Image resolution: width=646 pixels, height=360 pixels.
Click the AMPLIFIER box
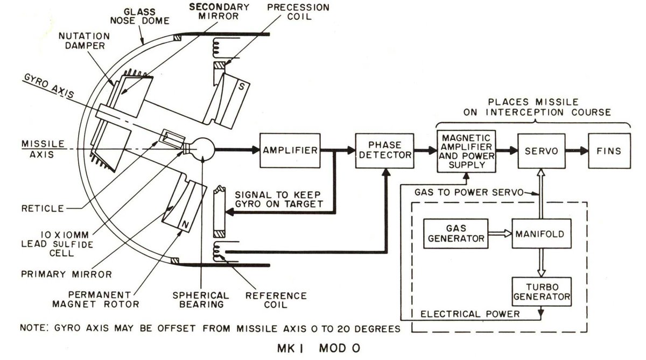(x=289, y=151)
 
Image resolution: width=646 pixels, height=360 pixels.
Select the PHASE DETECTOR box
(x=384, y=151)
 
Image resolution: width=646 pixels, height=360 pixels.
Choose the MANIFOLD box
(x=540, y=234)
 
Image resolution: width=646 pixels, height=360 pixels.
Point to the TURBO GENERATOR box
(x=540, y=291)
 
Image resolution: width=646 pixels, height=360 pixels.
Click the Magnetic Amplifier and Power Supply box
(x=467, y=151)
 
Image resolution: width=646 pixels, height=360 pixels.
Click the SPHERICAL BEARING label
(x=200, y=300)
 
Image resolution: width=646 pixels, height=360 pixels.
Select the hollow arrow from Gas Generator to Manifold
(x=500, y=234)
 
